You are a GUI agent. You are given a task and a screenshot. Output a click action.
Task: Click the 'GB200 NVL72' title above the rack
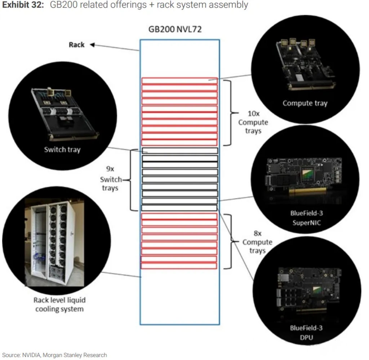175,29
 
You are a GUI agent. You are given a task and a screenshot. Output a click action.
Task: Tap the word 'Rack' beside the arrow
76,45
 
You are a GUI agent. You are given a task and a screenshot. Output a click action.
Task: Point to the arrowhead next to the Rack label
92,45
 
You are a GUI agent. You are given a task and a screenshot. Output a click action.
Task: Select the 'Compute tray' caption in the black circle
305,103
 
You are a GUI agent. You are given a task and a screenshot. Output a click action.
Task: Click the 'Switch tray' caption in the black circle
62,149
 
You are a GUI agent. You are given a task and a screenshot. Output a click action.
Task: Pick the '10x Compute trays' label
253,122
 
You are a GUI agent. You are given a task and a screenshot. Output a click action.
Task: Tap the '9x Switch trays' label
110,179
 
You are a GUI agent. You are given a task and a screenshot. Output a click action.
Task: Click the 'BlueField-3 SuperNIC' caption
306,218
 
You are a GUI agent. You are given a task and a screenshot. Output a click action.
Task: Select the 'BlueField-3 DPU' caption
306,333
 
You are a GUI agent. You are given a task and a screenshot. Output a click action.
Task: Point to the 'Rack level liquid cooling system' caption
59,304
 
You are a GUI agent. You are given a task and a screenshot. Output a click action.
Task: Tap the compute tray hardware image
304,65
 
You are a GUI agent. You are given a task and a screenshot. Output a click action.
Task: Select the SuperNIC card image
306,177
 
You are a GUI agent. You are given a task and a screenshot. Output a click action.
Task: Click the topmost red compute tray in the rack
179,81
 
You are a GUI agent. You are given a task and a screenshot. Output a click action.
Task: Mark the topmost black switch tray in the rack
180,151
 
